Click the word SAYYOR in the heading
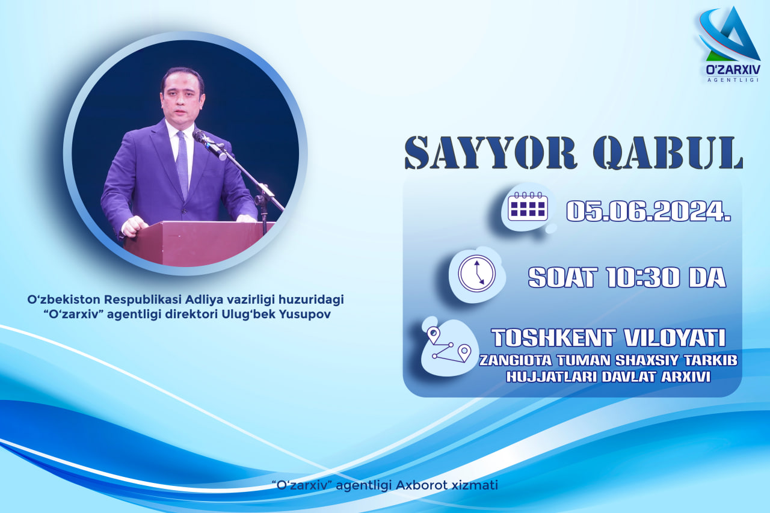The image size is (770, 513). (x=491, y=153)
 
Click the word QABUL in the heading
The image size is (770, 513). (x=668, y=153)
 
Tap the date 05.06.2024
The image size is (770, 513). (x=648, y=211)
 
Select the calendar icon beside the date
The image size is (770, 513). (x=528, y=206)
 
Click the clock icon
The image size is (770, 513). (x=477, y=274)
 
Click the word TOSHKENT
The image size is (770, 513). (x=552, y=338)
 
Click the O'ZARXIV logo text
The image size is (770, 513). (x=733, y=70)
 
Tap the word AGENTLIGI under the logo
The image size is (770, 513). (x=733, y=80)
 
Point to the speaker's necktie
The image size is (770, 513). (x=182, y=164)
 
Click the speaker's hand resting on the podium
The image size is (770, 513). (x=135, y=227)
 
